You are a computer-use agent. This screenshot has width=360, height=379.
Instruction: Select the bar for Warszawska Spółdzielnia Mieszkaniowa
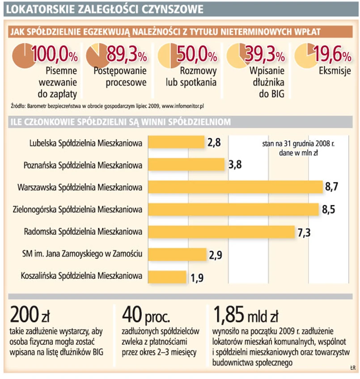tap(235, 187)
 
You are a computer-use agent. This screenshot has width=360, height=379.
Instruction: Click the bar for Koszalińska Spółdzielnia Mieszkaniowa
tap(167, 277)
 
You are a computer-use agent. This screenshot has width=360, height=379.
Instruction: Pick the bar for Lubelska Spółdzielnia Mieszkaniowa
tap(176, 143)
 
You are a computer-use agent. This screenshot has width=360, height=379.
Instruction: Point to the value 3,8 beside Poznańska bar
tap(234, 165)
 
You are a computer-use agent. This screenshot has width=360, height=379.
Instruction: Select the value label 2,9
tap(215, 255)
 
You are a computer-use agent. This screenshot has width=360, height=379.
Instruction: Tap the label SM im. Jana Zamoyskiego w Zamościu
tap(82, 254)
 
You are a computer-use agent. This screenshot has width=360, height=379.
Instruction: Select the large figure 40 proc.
tap(146, 316)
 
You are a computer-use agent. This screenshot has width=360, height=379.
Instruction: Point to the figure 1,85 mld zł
tap(246, 316)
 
